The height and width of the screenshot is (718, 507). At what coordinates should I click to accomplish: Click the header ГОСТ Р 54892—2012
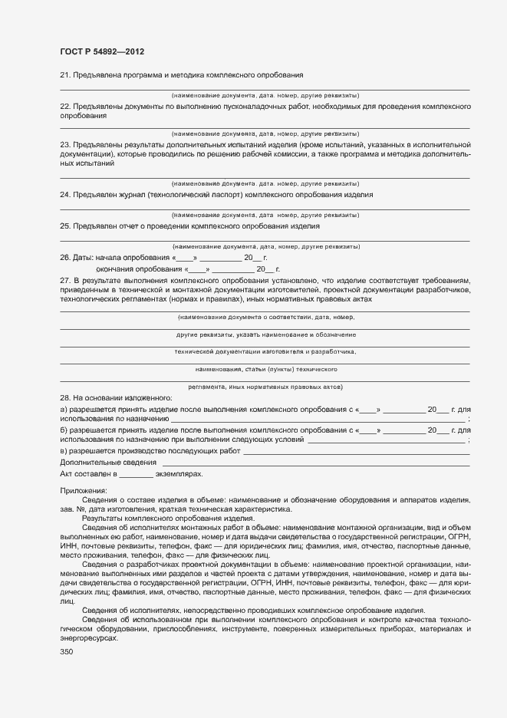click(102, 51)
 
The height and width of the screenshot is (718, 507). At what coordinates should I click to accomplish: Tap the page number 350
click(67, 651)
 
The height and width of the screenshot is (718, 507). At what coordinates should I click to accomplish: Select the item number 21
click(64, 74)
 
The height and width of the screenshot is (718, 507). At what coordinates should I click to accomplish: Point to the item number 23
click(64, 144)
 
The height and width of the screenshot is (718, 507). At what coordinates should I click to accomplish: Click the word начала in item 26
click(109, 259)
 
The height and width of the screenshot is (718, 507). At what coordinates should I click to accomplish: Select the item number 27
click(64, 281)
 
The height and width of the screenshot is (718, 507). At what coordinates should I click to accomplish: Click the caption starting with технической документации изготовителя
click(265, 351)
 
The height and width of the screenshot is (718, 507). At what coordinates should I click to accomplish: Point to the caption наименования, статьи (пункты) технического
click(265, 369)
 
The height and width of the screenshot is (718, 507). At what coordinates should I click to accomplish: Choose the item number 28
click(64, 397)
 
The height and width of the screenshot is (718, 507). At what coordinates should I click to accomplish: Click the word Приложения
click(84, 490)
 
